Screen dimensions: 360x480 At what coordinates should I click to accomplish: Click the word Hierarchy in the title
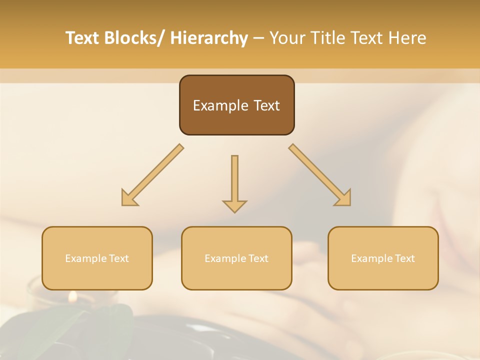(x=209, y=38)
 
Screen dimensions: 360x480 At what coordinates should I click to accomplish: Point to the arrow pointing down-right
(x=320, y=175)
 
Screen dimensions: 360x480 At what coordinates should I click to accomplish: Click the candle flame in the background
(x=73, y=297)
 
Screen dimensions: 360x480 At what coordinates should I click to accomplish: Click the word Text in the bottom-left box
(x=119, y=258)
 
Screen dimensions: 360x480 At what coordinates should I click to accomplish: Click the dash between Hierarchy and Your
(x=258, y=38)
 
